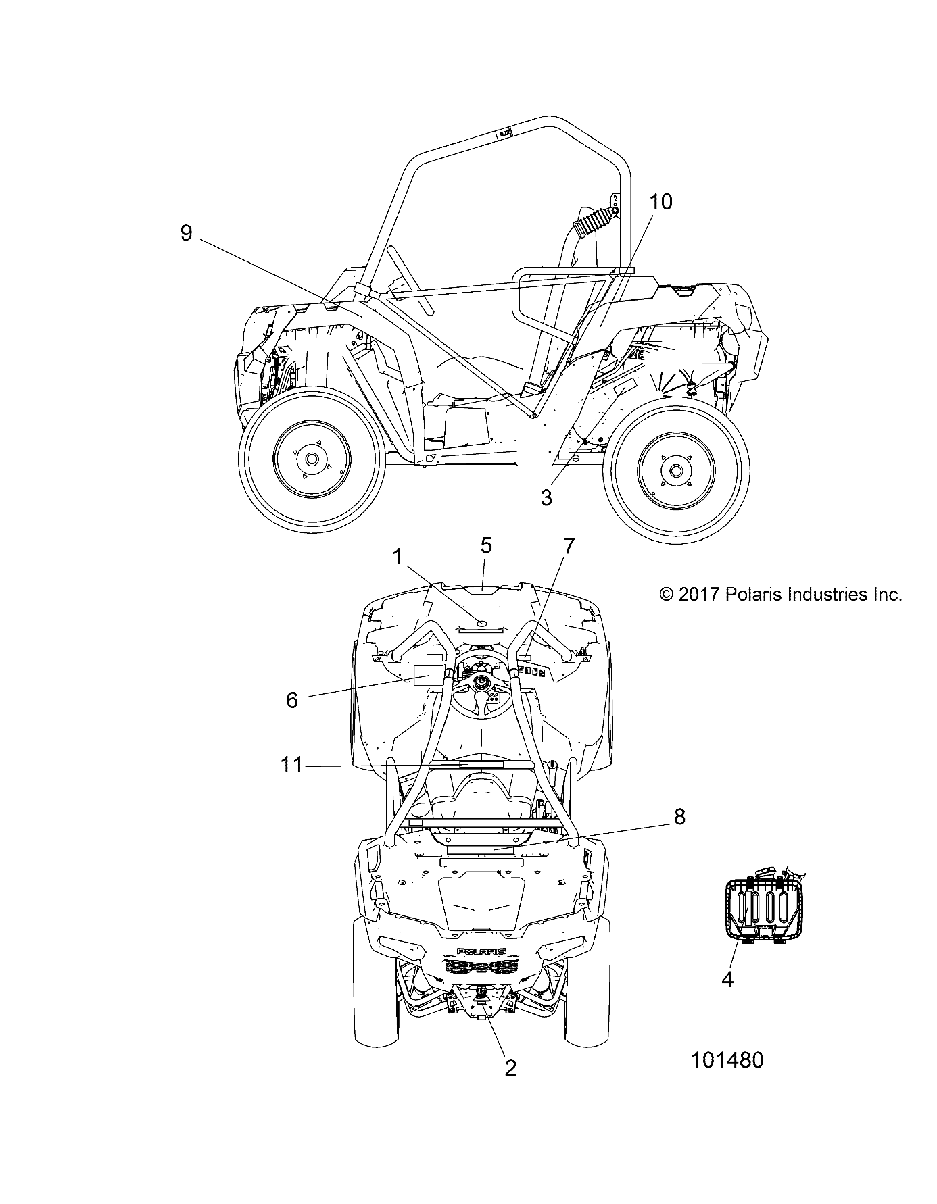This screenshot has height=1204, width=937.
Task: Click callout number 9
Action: click(x=187, y=233)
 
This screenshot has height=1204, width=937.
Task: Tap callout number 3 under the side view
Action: click(x=546, y=498)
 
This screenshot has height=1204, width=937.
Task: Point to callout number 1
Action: click(x=398, y=557)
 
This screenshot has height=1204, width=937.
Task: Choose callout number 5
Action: click(x=486, y=545)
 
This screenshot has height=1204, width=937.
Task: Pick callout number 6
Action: click(x=291, y=700)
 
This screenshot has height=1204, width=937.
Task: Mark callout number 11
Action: click(x=291, y=766)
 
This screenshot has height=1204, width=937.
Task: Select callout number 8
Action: click(x=679, y=817)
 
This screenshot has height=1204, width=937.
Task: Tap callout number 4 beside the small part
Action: click(x=727, y=978)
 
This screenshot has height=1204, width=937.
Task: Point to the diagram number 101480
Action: click(x=727, y=1060)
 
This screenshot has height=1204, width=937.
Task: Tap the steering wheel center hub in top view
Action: click(x=482, y=682)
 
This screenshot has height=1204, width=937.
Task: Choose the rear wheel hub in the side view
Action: click(x=675, y=470)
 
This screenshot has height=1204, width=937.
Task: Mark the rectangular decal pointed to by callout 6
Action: click(x=425, y=675)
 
